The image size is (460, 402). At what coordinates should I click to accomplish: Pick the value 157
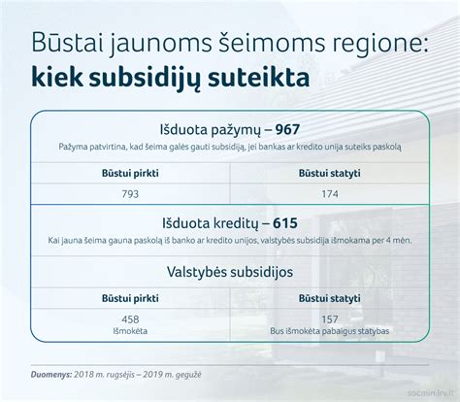coord(330,318)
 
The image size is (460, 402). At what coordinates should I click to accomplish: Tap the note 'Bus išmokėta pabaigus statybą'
coord(330,330)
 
